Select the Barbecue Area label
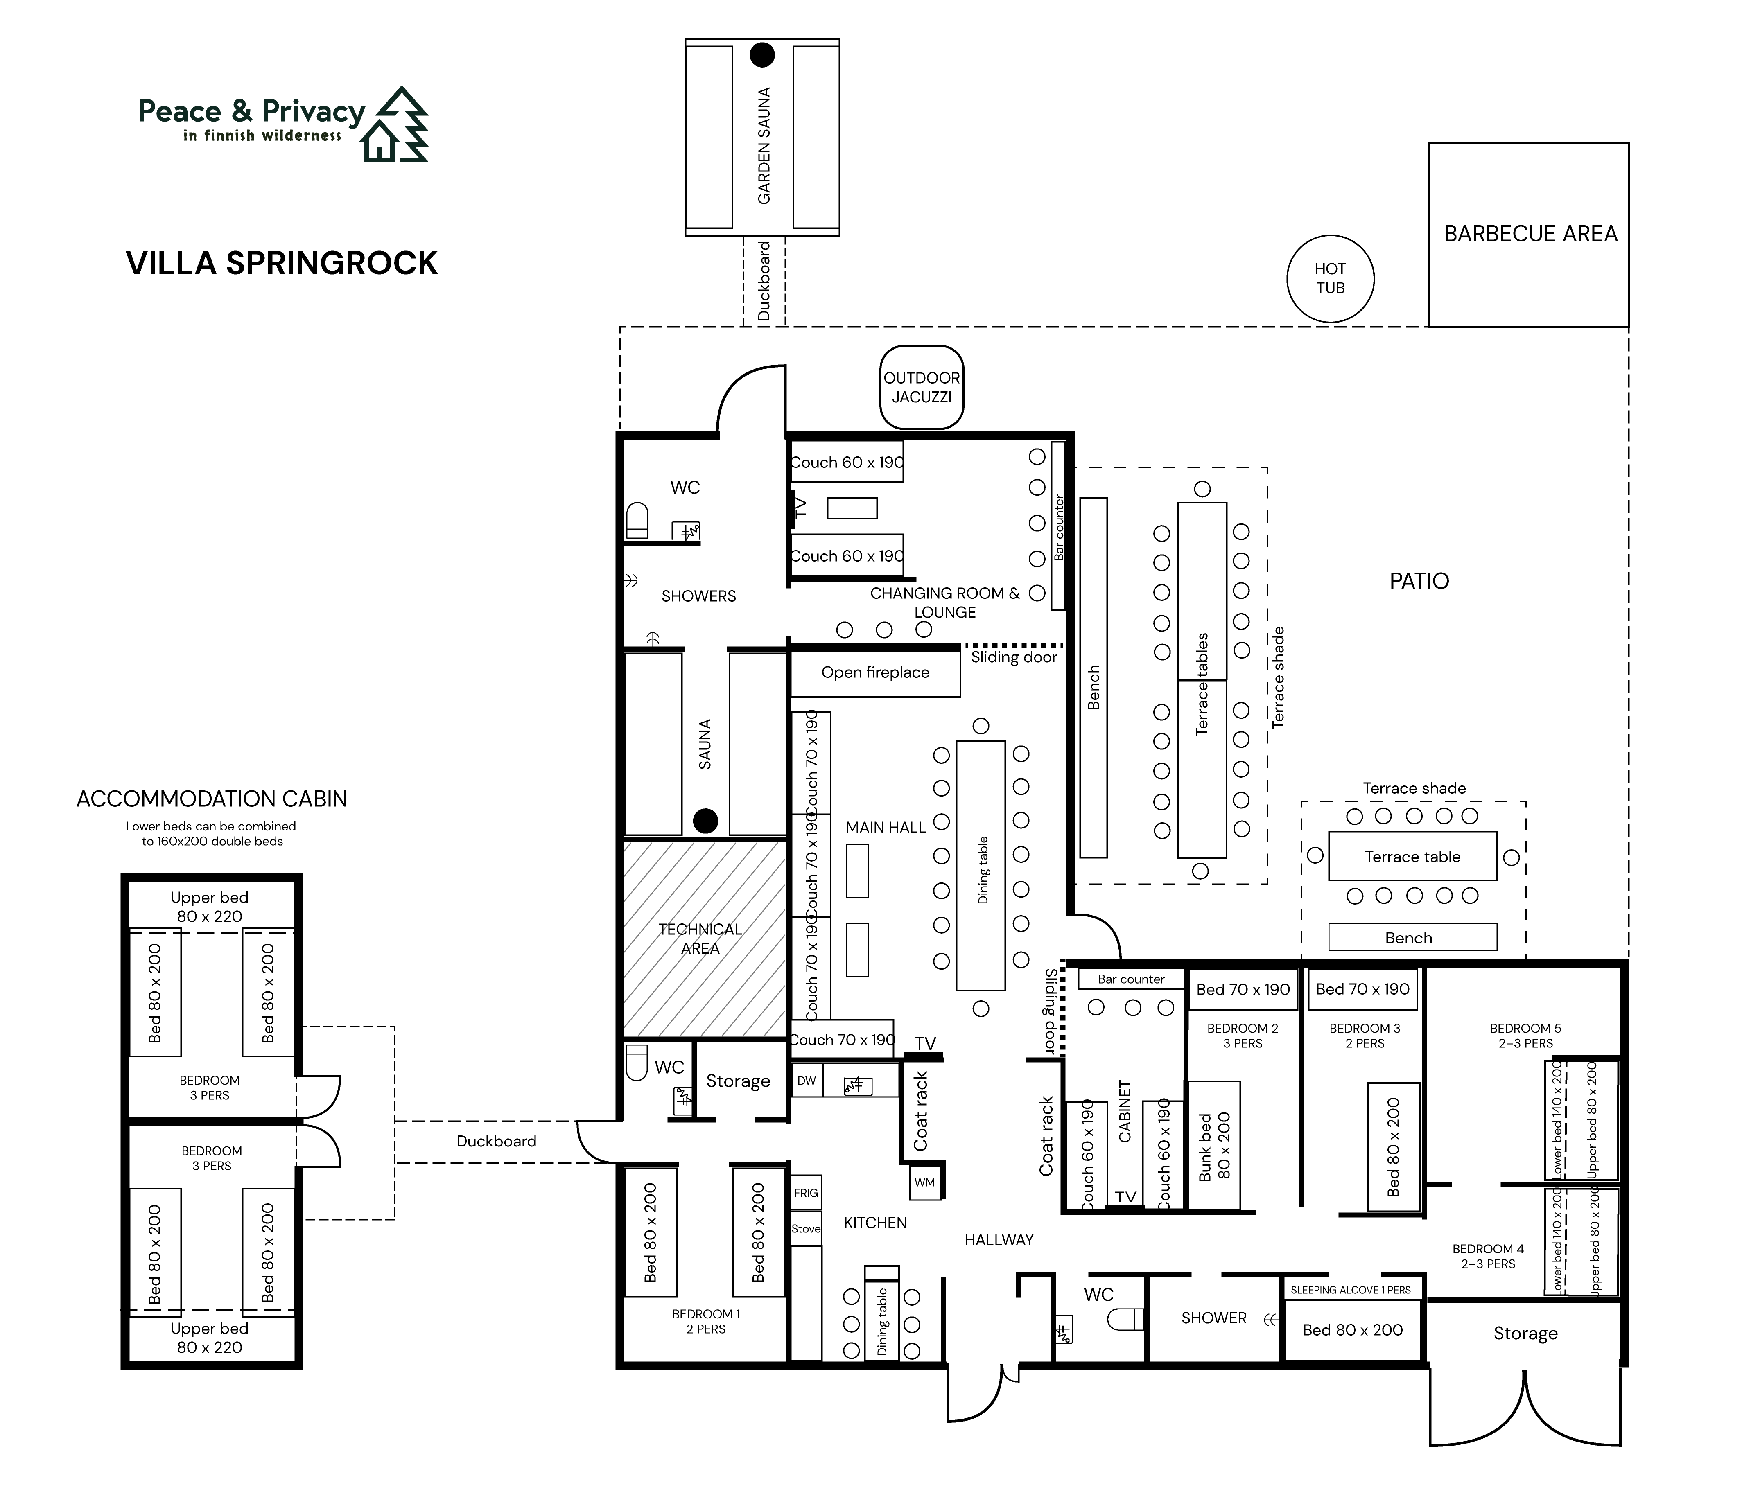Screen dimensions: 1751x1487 [1530, 233]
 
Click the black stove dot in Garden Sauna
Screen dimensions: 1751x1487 [762, 55]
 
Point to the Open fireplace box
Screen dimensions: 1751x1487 [875, 673]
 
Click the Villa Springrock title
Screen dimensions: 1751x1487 [282, 263]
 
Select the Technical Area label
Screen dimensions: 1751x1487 [700, 938]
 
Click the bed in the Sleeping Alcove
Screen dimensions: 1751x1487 [1352, 1329]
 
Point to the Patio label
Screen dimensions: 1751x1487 [1419, 581]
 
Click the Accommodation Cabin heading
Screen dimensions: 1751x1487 [212, 798]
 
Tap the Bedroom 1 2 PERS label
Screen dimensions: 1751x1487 [706, 1321]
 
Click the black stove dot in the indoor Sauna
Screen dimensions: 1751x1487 [706, 820]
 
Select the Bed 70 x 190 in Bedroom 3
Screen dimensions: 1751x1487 [1362, 989]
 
